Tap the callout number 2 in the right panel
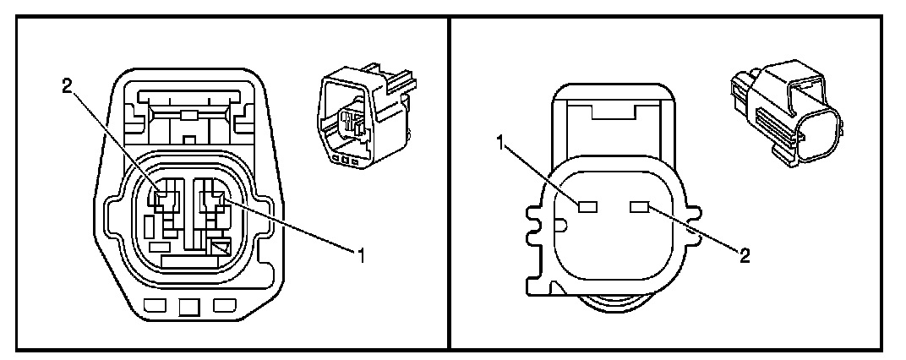pos(745,254)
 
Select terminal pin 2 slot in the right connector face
pos(640,205)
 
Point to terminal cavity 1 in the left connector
pos(210,201)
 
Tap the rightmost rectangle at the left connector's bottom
pos(223,305)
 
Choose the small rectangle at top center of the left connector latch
pos(190,114)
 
